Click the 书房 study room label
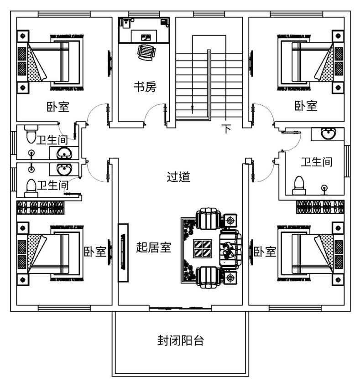coord(145,87)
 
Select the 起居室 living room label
coord(154,247)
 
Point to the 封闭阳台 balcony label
coord(180,340)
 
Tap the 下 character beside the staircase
coord(226,129)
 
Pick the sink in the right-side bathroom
coord(328,134)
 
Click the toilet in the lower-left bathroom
coord(31,187)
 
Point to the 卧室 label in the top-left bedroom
coord(58,107)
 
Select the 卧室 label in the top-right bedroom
coord(306,106)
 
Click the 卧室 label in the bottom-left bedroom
coord(95,252)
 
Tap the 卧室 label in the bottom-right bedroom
coord(265,252)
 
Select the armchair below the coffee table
coord(208,276)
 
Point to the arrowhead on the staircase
coord(193,109)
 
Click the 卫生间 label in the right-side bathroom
coord(316,162)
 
